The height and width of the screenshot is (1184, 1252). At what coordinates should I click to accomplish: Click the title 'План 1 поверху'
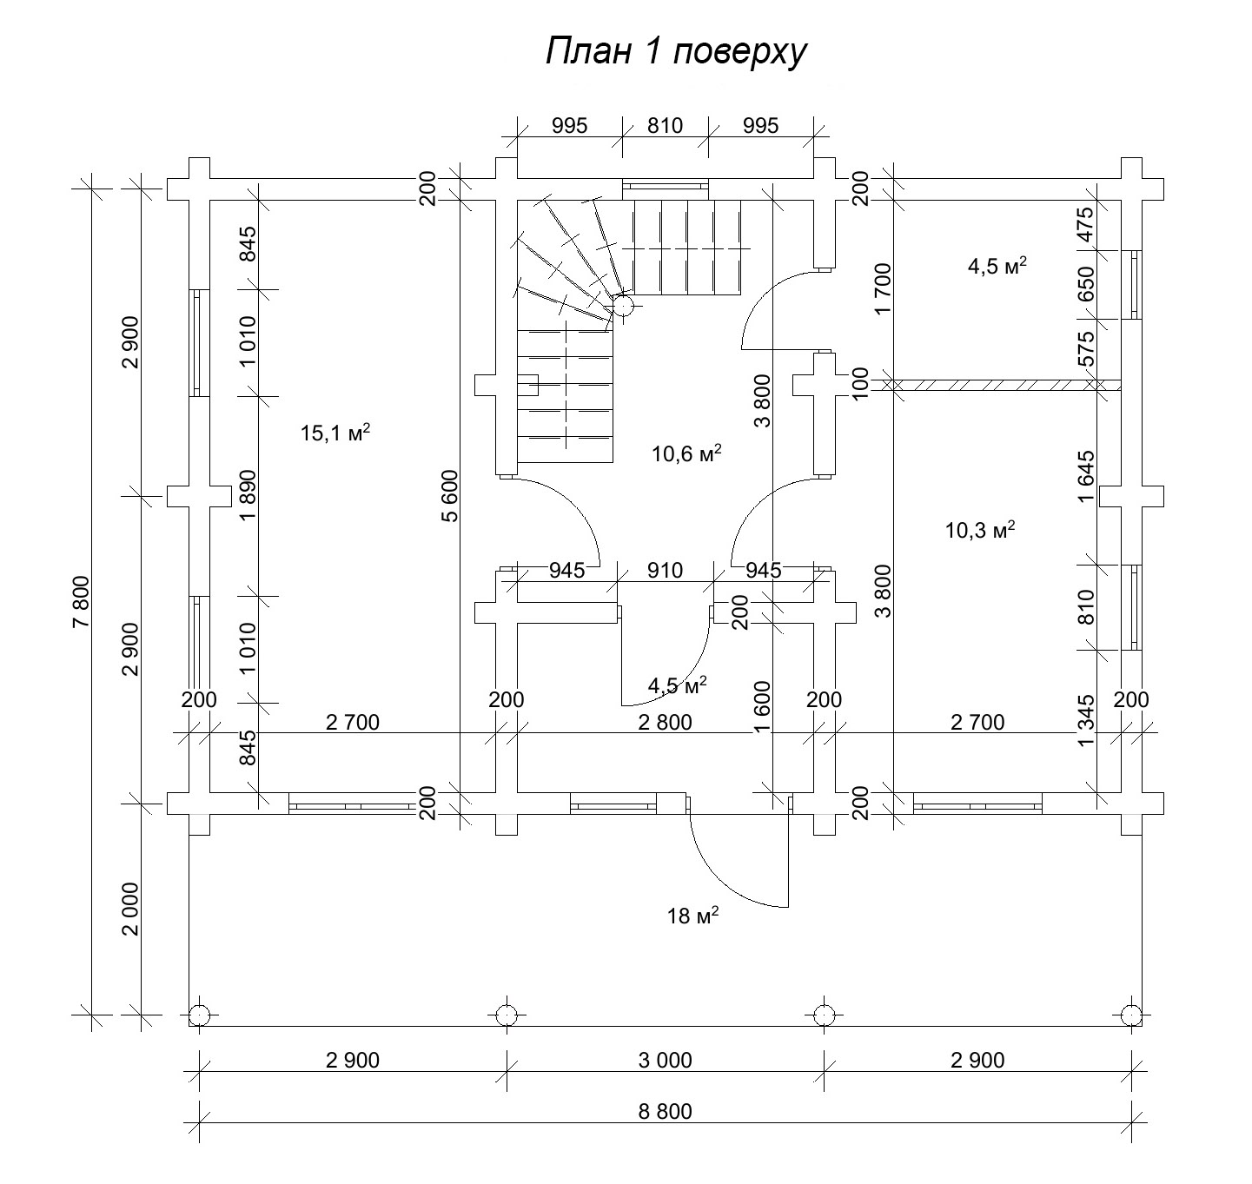[676, 52]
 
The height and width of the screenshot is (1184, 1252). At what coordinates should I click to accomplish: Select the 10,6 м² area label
[686, 453]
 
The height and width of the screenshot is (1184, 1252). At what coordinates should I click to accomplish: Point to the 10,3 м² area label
[980, 530]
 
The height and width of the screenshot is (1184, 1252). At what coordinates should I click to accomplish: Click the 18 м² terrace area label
[692, 916]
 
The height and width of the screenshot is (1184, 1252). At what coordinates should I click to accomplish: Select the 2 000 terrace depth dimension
[130, 909]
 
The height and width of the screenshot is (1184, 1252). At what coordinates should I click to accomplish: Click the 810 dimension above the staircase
[665, 125]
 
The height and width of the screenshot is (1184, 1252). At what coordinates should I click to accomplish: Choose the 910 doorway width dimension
[665, 571]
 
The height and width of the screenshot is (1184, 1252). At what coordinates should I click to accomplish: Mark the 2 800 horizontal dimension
[665, 722]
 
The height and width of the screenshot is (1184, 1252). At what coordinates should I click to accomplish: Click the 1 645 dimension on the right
[1085, 476]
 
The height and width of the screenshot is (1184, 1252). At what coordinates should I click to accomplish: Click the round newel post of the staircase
[623, 305]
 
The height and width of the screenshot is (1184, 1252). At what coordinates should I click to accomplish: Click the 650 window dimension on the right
[1085, 283]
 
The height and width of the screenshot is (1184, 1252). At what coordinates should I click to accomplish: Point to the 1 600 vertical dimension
[763, 706]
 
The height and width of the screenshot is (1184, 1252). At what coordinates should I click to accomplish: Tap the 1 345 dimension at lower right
[1085, 719]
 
